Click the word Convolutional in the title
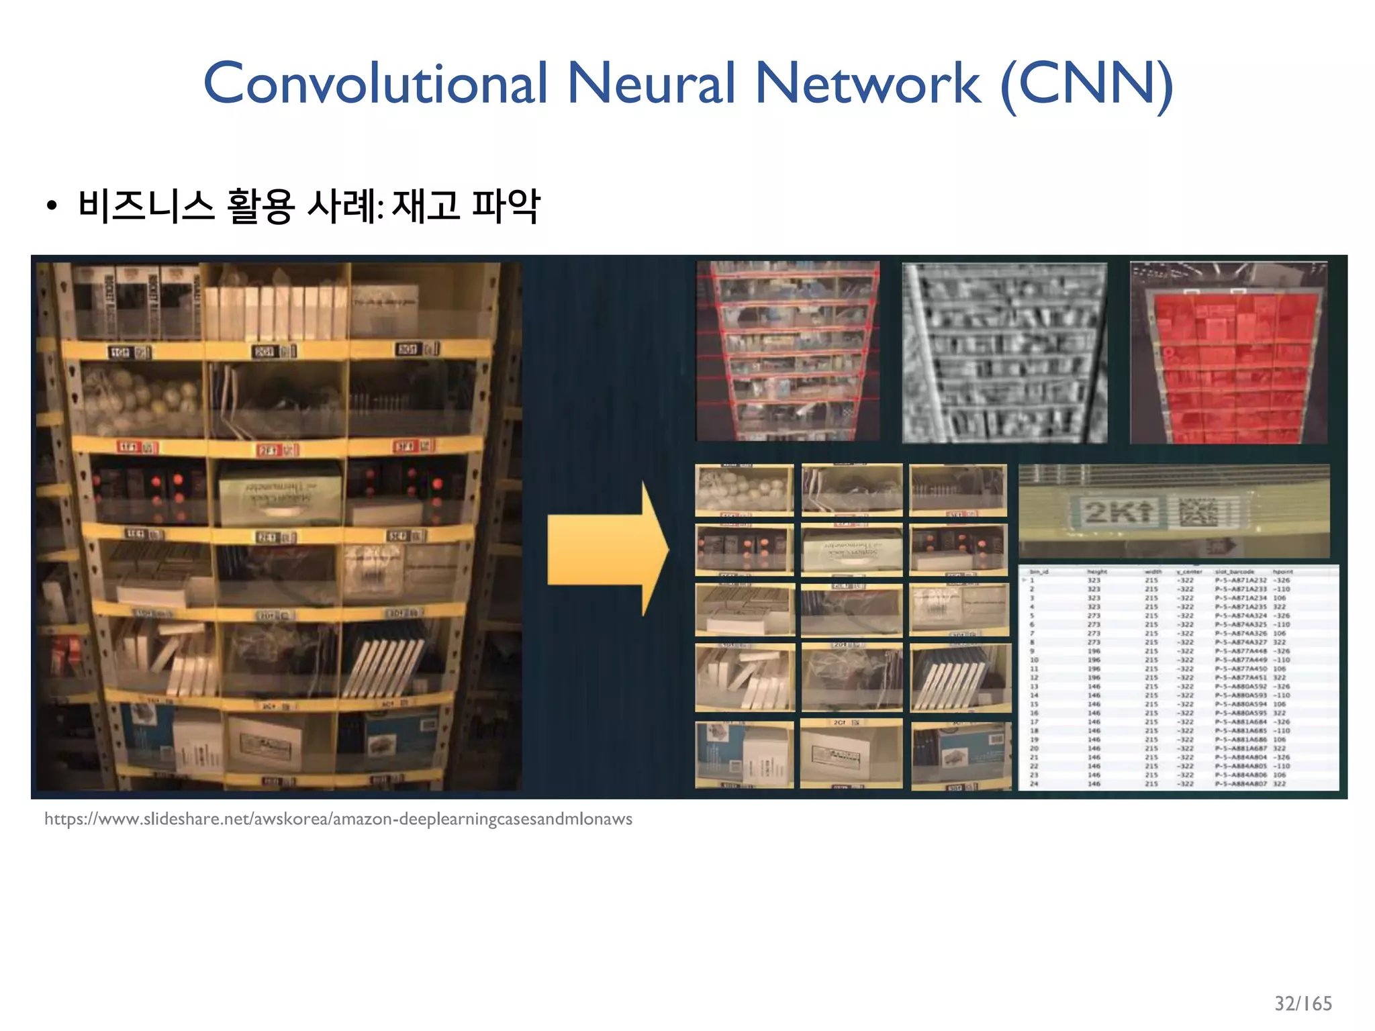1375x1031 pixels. point(375,84)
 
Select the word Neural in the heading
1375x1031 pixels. point(651,84)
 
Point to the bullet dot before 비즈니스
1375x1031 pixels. point(52,207)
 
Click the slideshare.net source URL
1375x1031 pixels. point(338,820)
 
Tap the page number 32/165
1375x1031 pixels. point(1302,1003)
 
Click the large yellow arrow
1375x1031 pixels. point(608,549)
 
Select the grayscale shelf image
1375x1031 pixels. point(1004,352)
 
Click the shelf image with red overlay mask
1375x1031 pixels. point(1228,352)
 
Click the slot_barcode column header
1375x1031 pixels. point(1234,572)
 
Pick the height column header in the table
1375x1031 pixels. point(1096,572)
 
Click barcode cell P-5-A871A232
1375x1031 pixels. point(1240,581)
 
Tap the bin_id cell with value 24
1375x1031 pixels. point(1034,784)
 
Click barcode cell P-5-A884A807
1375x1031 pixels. point(1240,784)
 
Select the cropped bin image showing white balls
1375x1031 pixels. point(744,489)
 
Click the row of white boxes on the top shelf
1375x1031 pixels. point(275,312)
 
